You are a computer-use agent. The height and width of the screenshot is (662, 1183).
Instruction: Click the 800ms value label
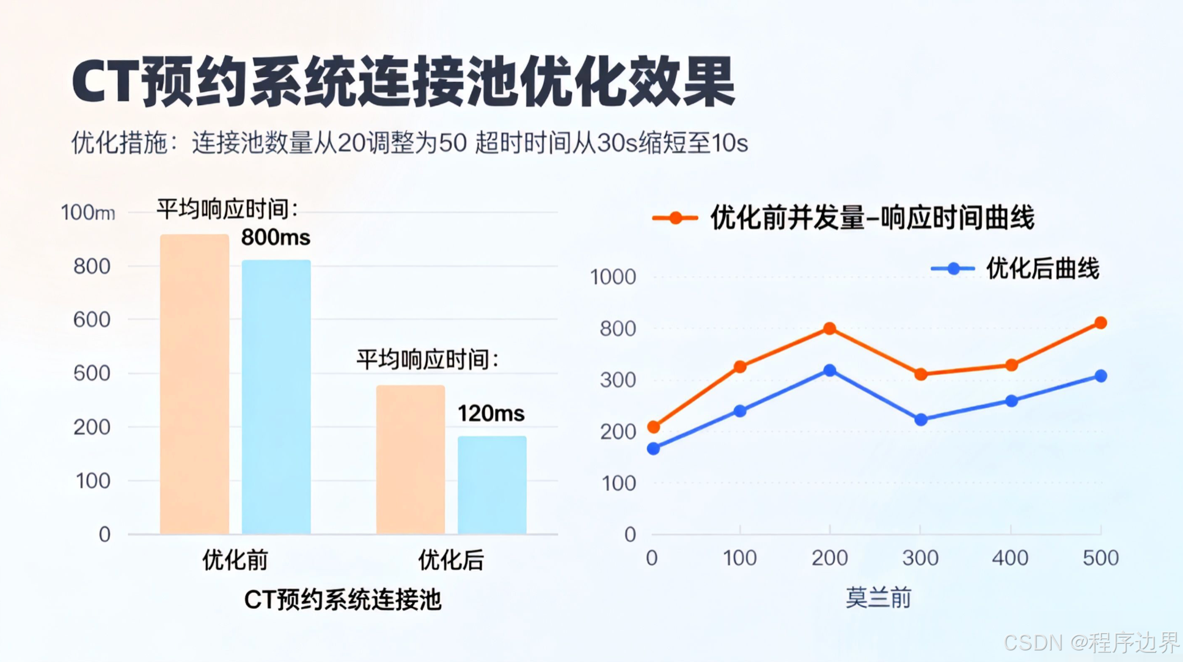pos(276,238)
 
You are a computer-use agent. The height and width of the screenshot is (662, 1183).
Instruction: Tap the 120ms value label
pos(491,414)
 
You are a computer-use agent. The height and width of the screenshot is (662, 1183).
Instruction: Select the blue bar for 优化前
pos(276,397)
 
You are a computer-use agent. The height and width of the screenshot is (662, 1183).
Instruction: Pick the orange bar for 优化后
pos(410,459)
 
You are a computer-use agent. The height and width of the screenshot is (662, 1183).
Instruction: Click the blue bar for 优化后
pos(492,485)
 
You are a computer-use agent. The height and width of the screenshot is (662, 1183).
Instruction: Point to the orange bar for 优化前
pos(194,384)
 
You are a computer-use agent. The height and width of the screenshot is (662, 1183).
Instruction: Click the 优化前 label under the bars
pos(235,560)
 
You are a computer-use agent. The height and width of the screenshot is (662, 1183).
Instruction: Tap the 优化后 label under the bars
pos(451,560)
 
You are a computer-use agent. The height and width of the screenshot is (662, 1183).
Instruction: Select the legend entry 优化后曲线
pos(1042,269)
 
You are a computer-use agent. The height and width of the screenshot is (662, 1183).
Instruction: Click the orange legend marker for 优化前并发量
pos(675,218)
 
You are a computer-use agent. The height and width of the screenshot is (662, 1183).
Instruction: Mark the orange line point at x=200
pos(829,329)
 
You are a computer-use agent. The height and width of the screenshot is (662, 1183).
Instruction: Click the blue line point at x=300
pos(921,420)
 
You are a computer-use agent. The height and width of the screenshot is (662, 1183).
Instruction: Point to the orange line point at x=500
pos(1101,322)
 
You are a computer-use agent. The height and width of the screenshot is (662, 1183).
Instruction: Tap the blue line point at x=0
pos(653,449)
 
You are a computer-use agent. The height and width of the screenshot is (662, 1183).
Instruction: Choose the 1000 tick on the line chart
pos(613,277)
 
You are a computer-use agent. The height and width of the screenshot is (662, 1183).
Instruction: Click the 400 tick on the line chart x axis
pos(1010,558)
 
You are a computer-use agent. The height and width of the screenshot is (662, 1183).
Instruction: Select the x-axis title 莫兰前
pos(878,597)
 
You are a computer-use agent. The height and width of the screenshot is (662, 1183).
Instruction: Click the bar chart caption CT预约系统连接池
pos(342,600)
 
